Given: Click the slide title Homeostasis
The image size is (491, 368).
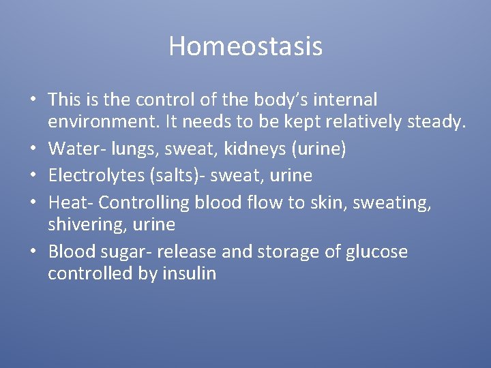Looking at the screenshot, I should click(x=245, y=46).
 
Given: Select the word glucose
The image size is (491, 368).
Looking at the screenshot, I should click(x=374, y=251).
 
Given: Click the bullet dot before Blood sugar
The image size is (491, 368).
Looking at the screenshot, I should click(x=33, y=252).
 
